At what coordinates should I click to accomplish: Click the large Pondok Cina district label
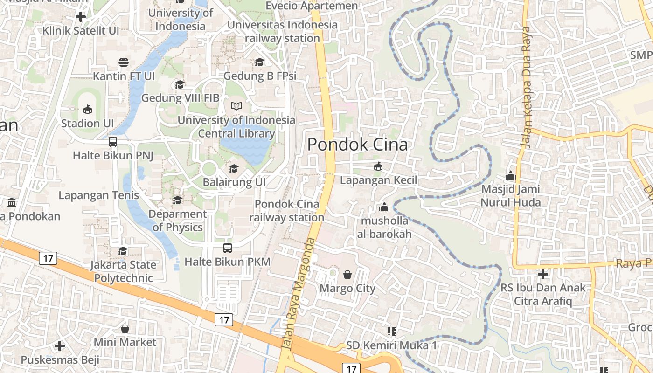pos(357,145)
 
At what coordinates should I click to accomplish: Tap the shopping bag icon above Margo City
pos(347,275)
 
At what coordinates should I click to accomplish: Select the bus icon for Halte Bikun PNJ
pos(113,142)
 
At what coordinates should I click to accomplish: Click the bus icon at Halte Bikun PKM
pos(228,248)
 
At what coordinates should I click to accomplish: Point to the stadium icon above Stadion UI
pos(87,110)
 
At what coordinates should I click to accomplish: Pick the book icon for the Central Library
pos(236,106)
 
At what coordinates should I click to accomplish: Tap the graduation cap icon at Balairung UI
pos(234,168)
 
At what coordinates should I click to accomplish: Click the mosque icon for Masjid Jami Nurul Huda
pos(510,176)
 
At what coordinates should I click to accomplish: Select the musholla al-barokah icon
pos(384,207)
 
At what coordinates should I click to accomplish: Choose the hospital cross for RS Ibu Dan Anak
pos(543,274)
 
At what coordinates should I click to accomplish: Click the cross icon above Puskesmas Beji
pos(60,346)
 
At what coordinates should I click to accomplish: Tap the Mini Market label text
pos(125,342)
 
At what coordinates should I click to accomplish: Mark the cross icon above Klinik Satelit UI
pos(81,17)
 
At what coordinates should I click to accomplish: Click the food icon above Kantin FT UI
pos(124,62)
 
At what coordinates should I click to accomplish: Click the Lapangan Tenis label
pos(99,195)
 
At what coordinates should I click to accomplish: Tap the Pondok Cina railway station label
pos(287,211)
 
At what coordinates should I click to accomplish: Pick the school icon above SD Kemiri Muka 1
pos(392,332)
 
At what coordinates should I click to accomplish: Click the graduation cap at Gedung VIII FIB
pos(180,84)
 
